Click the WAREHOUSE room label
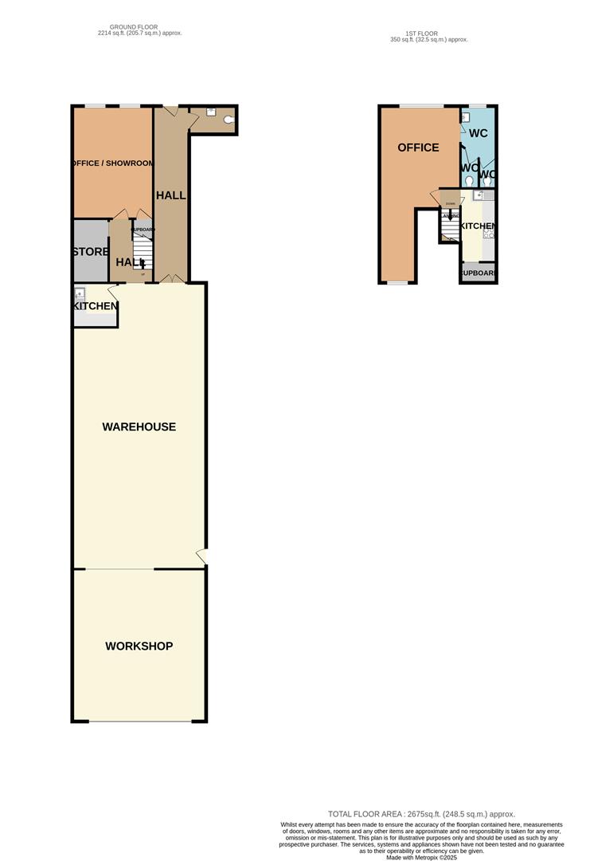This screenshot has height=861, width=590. [x=139, y=427]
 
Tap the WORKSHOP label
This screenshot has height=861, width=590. [x=139, y=646]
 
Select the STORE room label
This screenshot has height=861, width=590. [x=90, y=252]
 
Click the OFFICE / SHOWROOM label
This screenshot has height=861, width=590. [x=112, y=163]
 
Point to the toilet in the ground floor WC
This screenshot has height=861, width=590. [x=229, y=120]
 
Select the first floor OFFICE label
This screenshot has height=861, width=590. [x=418, y=147]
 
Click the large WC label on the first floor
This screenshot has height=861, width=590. [x=479, y=133]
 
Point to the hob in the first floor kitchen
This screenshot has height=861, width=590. [x=489, y=232]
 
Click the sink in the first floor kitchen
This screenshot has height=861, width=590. [x=479, y=195]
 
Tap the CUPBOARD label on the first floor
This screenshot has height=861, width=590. [x=479, y=273]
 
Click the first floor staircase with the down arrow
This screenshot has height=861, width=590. [x=451, y=228]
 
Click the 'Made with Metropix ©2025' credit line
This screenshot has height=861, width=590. [x=421, y=857]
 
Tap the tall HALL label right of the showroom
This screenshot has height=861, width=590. [x=170, y=195]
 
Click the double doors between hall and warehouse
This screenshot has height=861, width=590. [x=170, y=278]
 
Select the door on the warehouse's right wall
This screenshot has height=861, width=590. [x=203, y=556]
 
